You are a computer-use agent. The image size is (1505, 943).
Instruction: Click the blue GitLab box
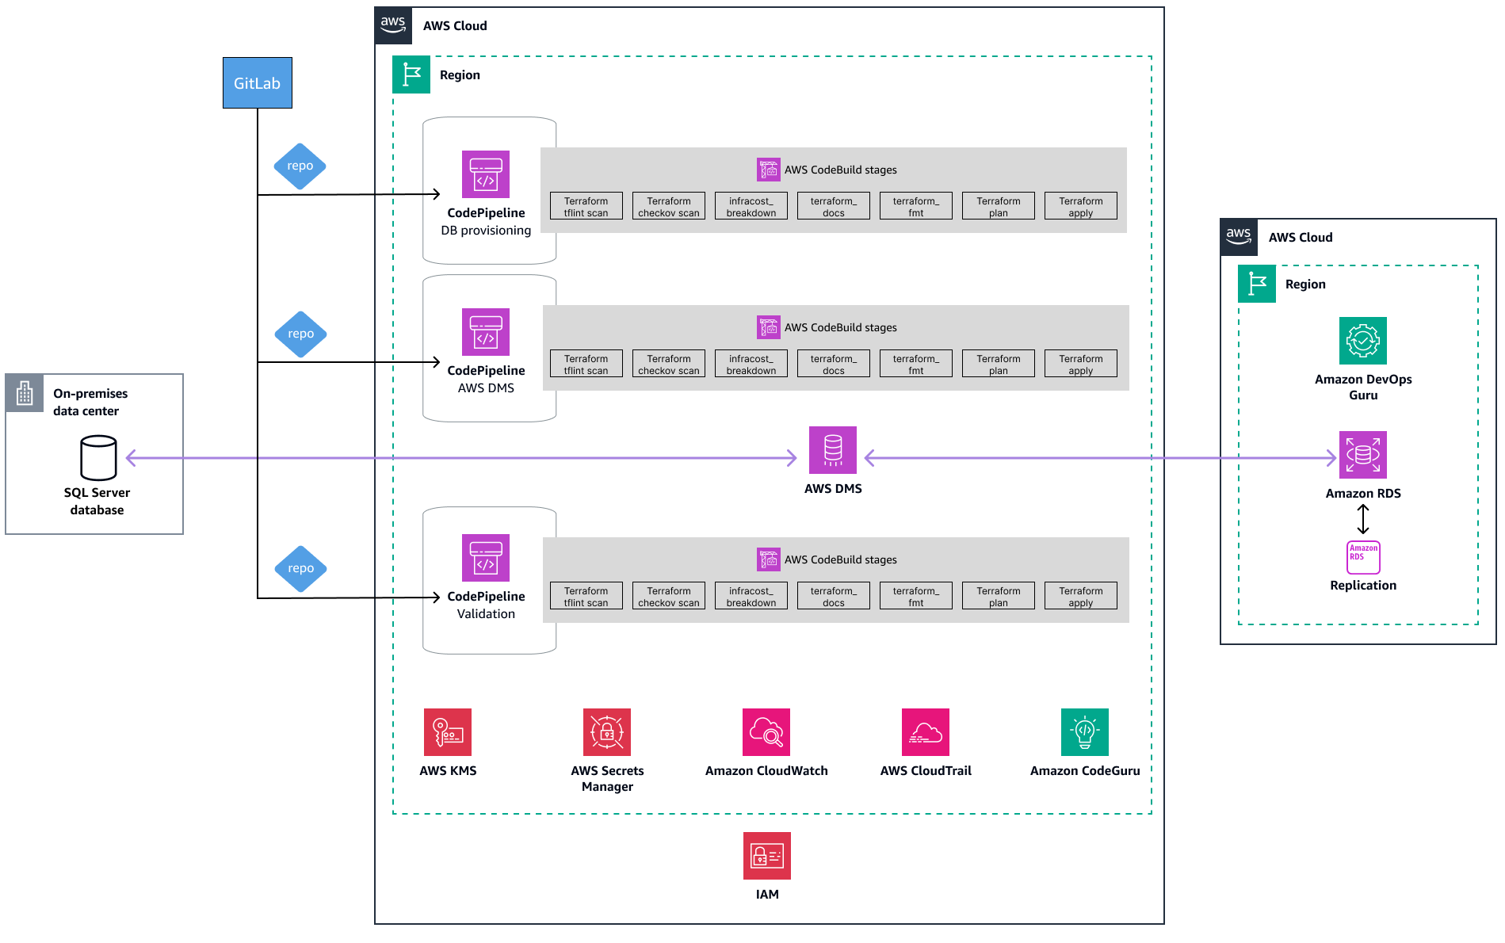click(257, 82)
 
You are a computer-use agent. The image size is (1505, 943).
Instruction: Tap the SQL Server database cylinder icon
click(98, 457)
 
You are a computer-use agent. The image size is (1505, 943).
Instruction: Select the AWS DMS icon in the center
click(832, 450)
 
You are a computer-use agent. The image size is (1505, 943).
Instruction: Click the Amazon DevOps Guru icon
click(1362, 341)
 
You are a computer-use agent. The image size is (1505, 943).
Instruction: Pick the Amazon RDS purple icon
click(1362, 455)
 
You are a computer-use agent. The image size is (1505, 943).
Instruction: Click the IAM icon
click(766, 856)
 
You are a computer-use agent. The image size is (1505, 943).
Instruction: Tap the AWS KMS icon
click(448, 731)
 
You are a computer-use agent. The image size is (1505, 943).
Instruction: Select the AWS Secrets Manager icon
click(606, 731)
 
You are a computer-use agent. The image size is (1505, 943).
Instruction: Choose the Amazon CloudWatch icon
click(766, 731)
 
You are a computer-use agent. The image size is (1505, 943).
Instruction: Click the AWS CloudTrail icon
click(925, 731)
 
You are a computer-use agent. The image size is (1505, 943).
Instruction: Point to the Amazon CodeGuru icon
click(1084, 731)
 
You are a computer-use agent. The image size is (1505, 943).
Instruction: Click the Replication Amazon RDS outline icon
click(1363, 557)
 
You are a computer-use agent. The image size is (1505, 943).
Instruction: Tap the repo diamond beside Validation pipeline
click(300, 568)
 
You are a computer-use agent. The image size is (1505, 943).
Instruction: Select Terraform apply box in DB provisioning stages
click(1080, 206)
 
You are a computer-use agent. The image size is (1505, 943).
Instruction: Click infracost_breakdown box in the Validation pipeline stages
click(751, 596)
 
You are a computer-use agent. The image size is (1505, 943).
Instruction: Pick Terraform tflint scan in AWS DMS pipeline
click(586, 364)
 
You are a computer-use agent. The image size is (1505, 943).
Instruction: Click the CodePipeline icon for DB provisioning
click(485, 174)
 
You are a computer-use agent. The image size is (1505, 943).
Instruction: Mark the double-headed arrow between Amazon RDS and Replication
click(1363, 519)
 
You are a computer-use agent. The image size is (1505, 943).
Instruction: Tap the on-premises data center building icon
click(25, 393)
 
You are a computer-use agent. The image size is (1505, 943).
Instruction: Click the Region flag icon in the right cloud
click(1257, 284)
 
